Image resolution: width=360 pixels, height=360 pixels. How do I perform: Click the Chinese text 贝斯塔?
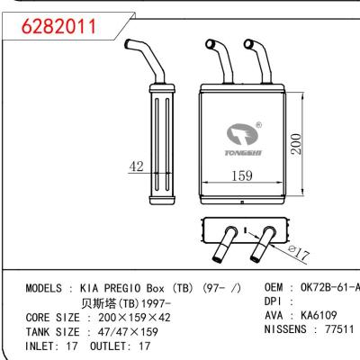(98, 303)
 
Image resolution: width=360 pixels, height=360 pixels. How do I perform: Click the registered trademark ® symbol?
(257, 126)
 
